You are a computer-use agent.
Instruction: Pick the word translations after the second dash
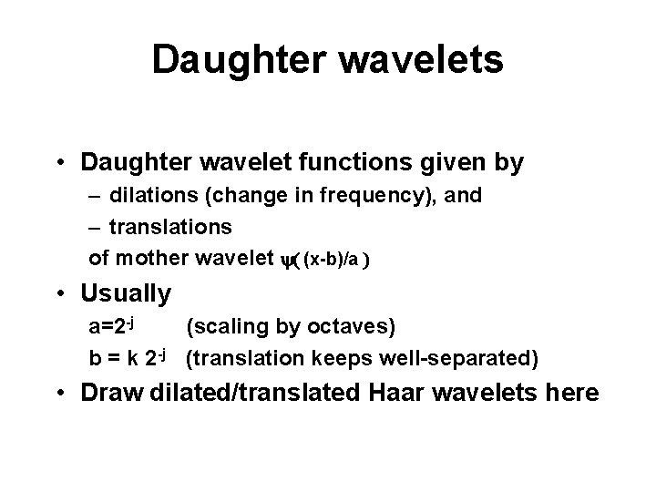pyautogui.click(x=171, y=226)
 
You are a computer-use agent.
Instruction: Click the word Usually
pyautogui.click(x=126, y=294)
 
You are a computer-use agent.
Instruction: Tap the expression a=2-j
pyautogui.click(x=111, y=326)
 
